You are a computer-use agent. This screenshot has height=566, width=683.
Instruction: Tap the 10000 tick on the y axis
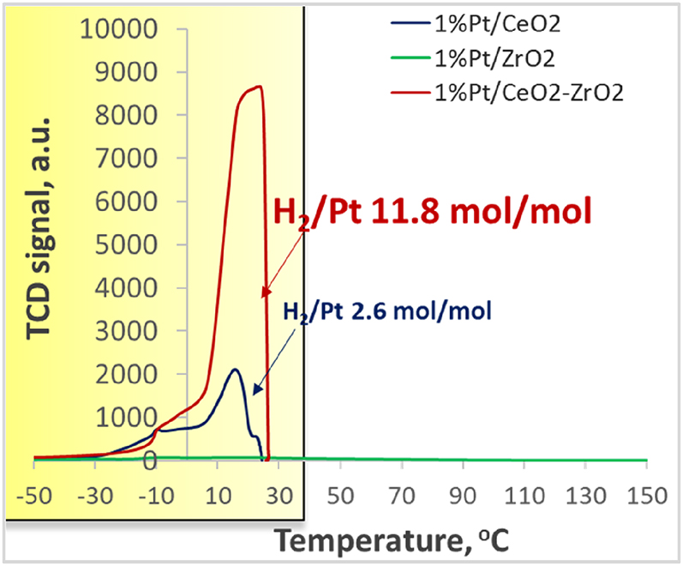pos(117,30)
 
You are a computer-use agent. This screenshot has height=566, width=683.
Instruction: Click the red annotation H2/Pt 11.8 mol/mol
pos(432,211)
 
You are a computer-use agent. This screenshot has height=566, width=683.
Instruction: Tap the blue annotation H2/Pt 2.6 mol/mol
pos(387,311)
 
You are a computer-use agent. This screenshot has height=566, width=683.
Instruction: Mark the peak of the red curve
pos(258,86)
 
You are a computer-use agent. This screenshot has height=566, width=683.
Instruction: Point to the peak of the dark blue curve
pos(235,370)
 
